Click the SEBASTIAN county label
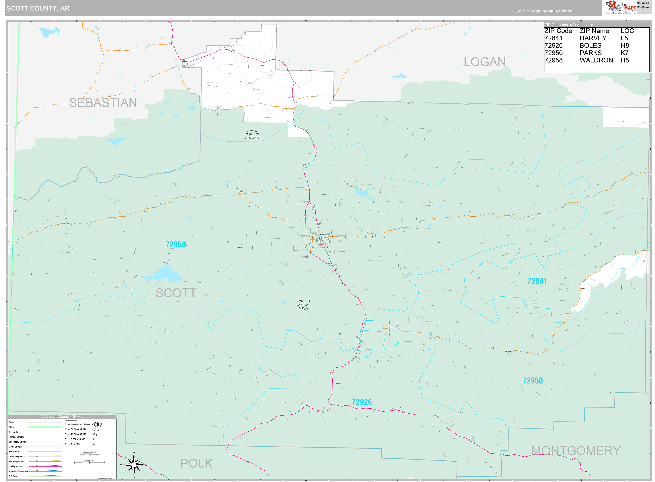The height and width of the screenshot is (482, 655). [x=103, y=103]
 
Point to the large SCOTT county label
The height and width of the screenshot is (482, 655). [x=176, y=293]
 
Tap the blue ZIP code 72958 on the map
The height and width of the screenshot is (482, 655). [x=175, y=245]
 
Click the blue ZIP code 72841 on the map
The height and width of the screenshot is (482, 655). [x=537, y=281]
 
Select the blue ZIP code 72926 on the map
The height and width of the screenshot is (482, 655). [x=362, y=402]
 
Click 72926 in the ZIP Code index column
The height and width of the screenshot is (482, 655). [x=553, y=46]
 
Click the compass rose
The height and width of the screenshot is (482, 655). [x=134, y=465]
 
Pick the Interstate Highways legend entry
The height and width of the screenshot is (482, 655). [x=18, y=471]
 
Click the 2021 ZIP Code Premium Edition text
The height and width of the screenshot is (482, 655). [x=542, y=11]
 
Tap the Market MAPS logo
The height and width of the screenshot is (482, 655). [x=621, y=7]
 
